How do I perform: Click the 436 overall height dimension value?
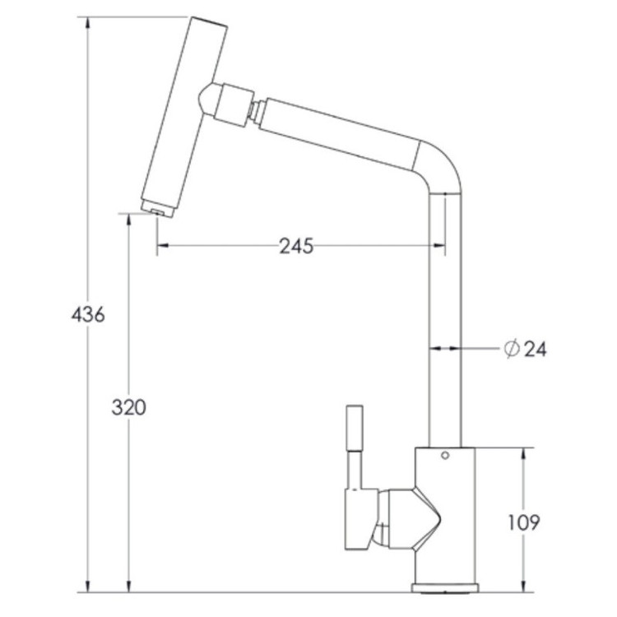88,315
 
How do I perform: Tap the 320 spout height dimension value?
128,407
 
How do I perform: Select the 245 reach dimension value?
296,246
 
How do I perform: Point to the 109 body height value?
524,522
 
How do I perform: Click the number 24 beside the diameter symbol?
536,349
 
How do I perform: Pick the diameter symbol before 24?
512,349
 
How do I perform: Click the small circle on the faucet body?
445,455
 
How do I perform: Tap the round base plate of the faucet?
445,588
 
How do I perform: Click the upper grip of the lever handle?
354,428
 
